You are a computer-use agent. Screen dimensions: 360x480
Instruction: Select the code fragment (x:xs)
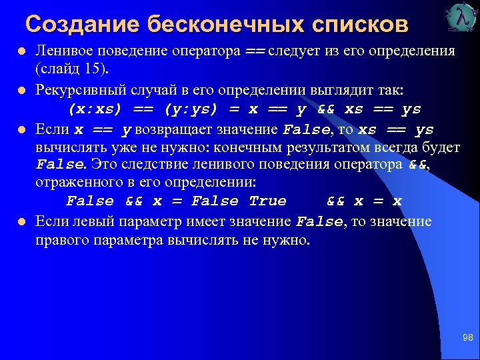94,109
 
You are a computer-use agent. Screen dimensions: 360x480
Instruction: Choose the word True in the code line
267,201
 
